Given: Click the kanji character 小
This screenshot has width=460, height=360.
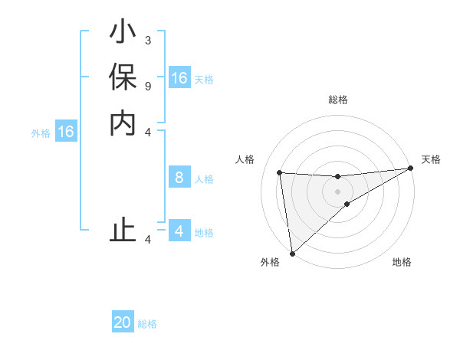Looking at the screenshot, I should tap(123, 34).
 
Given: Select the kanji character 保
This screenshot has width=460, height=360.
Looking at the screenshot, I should tap(123, 78).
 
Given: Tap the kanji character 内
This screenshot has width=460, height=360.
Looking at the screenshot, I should tap(123, 123).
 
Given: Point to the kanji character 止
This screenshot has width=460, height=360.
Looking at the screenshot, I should tap(123, 231).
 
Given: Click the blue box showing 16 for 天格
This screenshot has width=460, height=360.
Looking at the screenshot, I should tap(179, 78).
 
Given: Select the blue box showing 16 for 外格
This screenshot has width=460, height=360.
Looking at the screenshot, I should tap(66, 132).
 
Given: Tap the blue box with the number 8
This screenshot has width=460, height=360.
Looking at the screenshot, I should tap(179, 178).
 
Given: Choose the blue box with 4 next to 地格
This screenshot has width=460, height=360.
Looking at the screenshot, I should tap(179, 231).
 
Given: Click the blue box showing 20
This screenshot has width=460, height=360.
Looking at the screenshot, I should tap(123, 322).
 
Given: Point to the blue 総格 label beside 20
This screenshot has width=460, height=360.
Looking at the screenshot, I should tap(147, 324).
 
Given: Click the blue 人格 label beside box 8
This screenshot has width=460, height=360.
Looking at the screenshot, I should tap(204, 179).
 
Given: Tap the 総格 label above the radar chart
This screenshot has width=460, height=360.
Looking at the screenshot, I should tap(338, 100).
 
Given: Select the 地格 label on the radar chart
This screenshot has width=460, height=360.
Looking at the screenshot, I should tap(402, 262).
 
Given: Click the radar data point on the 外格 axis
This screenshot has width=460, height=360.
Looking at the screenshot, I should tap(292, 254).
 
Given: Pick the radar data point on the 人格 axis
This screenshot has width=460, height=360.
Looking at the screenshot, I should tap(280, 172).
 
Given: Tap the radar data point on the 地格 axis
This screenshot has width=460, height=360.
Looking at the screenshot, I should tap(347, 204).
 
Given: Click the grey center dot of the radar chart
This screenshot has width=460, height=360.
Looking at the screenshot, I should tap(337, 191).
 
